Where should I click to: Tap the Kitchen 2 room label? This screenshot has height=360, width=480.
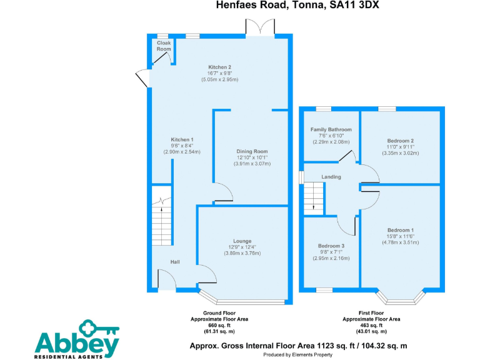coord(220,67)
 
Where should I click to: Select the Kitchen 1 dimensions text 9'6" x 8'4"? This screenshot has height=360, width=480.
coord(183,146)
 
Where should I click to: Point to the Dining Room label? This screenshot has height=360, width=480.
coord(252,151)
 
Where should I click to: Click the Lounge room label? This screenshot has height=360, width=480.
coord(242,241)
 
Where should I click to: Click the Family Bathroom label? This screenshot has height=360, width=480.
coord(331,130)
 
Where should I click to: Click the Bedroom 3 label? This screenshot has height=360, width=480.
coord(331,246)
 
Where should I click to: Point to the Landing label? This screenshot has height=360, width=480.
coord(331,177)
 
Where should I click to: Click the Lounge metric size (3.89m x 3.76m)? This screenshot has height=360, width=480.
coord(242,253)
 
